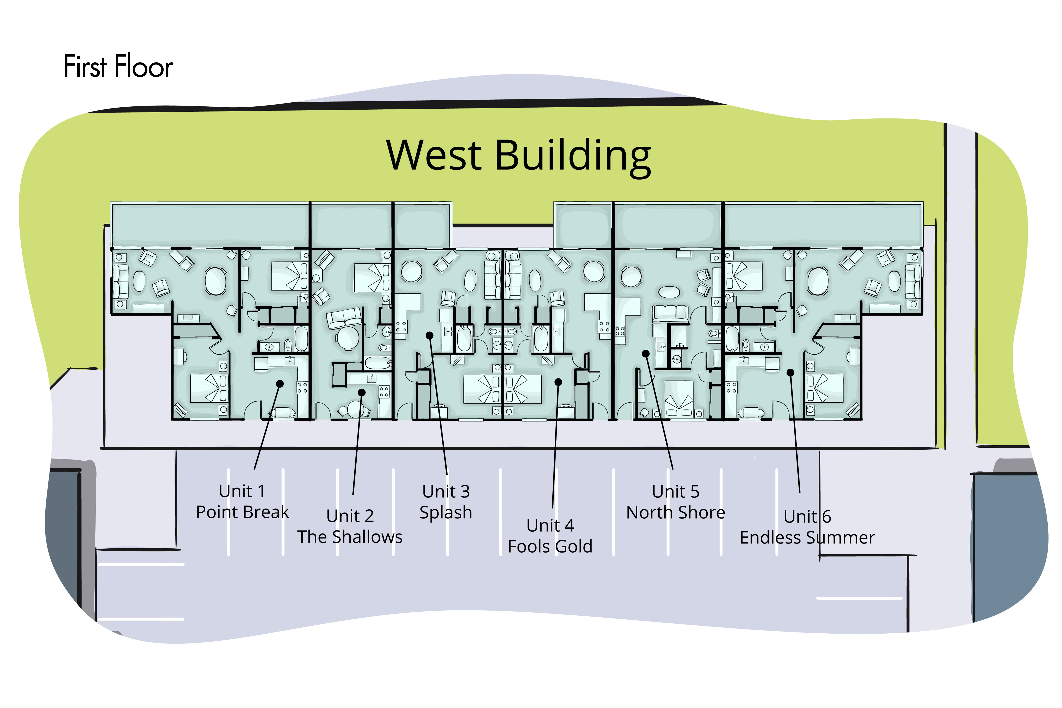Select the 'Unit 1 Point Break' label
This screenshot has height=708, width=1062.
(x=242, y=501)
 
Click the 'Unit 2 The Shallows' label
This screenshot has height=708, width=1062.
(x=350, y=526)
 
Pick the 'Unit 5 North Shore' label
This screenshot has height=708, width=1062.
(x=676, y=502)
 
